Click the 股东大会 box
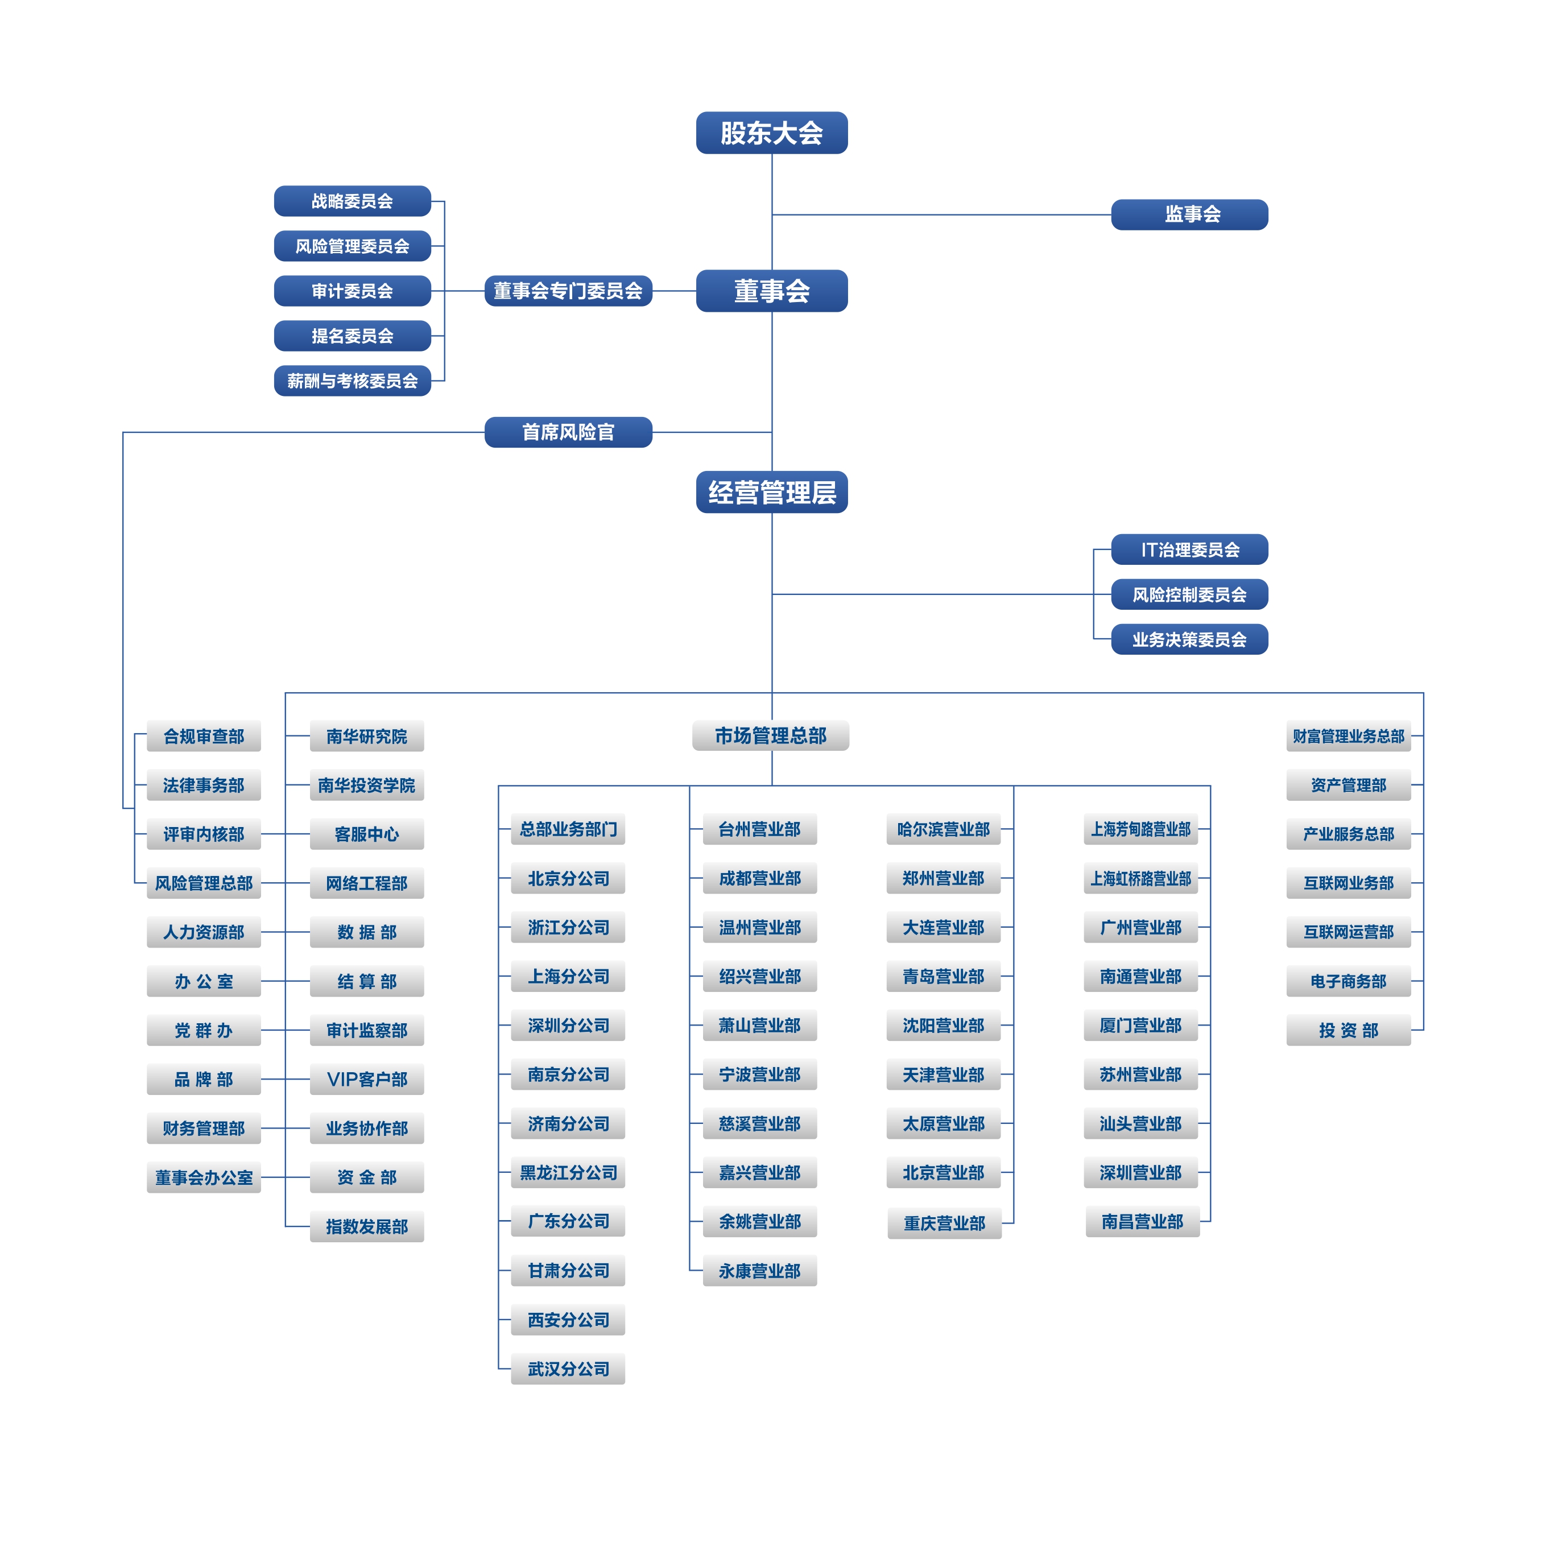(x=771, y=133)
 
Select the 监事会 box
(x=1189, y=214)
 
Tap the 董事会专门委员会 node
(x=568, y=291)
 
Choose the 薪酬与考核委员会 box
(x=352, y=381)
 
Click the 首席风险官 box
(x=568, y=432)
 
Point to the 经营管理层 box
(x=771, y=492)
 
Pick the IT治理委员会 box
(x=1189, y=549)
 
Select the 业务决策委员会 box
(x=1189, y=639)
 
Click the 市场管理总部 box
(x=771, y=735)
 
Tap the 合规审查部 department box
(x=204, y=736)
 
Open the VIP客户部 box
(x=366, y=1080)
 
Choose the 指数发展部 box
(x=366, y=1227)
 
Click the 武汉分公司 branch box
(x=568, y=1369)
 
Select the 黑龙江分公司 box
(x=568, y=1172)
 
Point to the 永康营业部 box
(x=759, y=1271)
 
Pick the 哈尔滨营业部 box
(x=944, y=829)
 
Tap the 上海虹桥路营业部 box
(x=1140, y=879)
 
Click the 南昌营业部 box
(x=1142, y=1222)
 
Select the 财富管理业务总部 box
(x=1349, y=736)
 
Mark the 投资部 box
(x=1349, y=1031)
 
